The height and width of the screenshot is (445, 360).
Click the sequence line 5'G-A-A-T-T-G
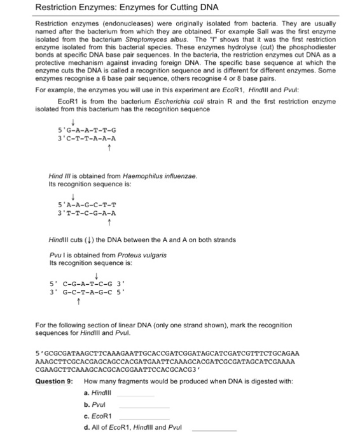[x=87, y=130]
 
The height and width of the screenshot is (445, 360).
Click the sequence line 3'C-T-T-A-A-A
[x=87, y=138]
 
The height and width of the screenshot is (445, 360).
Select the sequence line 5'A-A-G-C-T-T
[x=87, y=205]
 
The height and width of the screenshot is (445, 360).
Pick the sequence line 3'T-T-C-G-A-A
[x=87, y=213]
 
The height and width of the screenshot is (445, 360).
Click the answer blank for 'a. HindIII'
[x=136, y=394]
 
